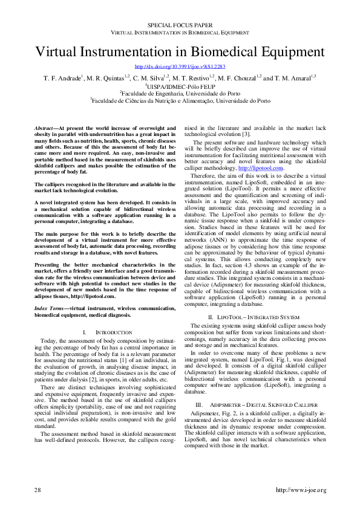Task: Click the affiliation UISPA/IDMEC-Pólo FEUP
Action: (180, 86)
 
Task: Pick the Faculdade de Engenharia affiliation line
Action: (180, 94)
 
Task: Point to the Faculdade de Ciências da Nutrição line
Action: (180, 102)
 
